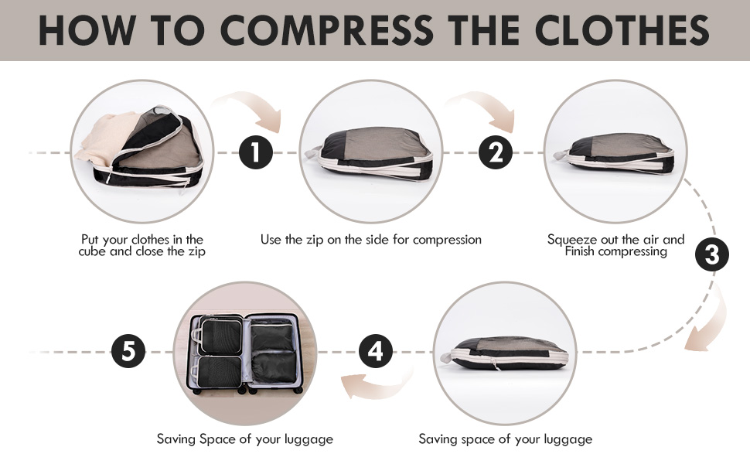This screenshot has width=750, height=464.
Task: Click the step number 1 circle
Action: tap(256, 153)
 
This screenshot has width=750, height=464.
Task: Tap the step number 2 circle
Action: tap(496, 152)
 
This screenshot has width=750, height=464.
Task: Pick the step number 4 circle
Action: tap(375, 353)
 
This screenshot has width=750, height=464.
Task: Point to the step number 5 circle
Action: tap(128, 353)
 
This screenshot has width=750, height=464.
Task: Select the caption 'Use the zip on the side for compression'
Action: tap(370, 240)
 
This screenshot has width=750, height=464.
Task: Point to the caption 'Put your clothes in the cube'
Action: tap(142, 246)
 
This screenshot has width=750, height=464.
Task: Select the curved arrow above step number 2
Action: tap(492, 108)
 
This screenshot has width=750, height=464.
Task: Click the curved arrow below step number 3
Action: tap(707, 318)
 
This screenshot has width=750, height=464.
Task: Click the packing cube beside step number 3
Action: tap(619, 152)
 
